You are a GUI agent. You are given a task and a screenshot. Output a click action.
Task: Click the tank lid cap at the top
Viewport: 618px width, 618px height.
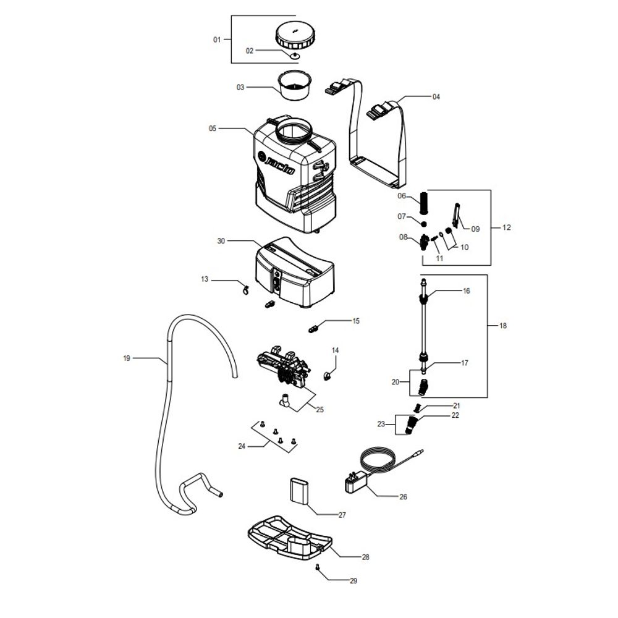click(x=295, y=35)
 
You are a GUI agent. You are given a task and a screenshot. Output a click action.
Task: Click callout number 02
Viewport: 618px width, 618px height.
click(x=250, y=51)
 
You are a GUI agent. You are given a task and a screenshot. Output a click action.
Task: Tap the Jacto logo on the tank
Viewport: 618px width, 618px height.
click(x=276, y=163)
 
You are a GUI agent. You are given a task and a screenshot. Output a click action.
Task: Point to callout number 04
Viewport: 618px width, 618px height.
click(x=436, y=97)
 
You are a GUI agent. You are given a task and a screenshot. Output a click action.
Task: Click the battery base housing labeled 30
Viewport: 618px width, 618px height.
click(x=295, y=272)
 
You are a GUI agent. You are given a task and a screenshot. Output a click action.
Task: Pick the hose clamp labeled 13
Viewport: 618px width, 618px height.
click(x=245, y=290)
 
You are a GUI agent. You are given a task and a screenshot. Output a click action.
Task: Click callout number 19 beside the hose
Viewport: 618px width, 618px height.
click(x=127, y=358)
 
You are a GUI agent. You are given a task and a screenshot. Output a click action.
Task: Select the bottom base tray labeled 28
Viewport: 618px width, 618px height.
click(x=290, y=538)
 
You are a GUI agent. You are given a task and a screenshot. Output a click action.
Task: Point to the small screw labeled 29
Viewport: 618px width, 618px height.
click(x=317, y=567)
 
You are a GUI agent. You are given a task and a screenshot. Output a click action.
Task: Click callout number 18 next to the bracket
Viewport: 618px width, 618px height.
click(x=503, y=326)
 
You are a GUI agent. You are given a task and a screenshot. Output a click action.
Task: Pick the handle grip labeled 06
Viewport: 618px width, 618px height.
click(x=423, y=203)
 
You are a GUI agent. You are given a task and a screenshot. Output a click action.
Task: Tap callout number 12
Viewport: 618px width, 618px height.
click(x=507, y=227)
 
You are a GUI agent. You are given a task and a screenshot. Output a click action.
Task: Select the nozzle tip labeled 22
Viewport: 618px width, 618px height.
click(x=412, y=425)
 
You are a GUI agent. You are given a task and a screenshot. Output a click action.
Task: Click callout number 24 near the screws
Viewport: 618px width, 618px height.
click(x=242, y=446)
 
